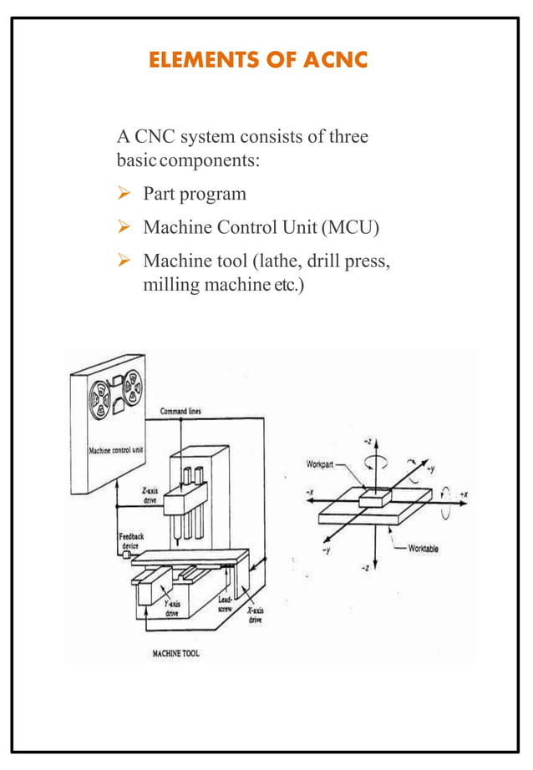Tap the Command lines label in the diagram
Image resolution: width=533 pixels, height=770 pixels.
point(180,411)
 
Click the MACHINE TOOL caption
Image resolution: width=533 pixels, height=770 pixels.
point(175,654)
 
